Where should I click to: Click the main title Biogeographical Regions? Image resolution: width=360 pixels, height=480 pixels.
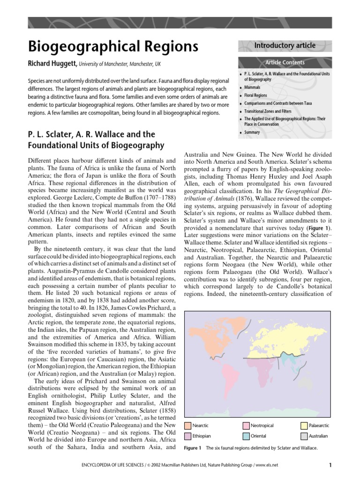click(113, 46)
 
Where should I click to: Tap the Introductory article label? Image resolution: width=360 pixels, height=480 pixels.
click(285, 45)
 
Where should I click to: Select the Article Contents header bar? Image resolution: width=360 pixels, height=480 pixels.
click(285, 62)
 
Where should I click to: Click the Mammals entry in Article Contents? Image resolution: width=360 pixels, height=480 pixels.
click(252, 88)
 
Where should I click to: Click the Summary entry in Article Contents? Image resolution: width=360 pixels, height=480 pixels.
click(252, 133)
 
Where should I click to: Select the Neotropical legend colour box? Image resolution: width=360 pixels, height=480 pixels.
click(246, 426)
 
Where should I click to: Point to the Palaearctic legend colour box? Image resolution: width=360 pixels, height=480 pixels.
click(304, 426)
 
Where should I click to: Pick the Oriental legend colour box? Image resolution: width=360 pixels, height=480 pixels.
click(246, 436)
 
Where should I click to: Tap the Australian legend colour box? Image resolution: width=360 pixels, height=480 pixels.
click(304, 436)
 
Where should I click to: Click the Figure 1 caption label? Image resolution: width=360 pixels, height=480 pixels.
click(193, 448)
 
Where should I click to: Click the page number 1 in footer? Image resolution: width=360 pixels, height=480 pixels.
click(330, 465)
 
